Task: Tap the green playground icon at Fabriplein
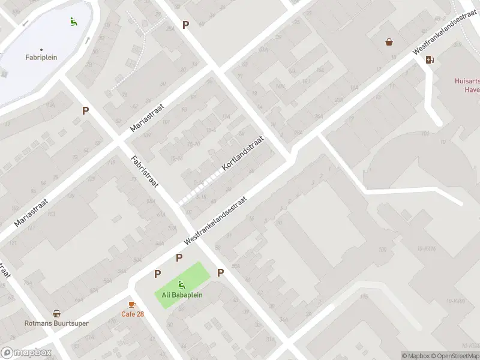point(73,22)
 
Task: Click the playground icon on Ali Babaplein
point(181,284)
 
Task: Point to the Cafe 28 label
point(133,314)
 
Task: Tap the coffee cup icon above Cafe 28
point(132,304)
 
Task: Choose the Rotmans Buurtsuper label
point(56,323)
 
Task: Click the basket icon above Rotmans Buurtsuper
point(56,313)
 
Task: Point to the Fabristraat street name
point(145,171)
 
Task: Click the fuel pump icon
point(429,59)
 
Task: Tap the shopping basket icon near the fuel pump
point(389,41)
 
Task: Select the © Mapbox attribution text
point(416,356)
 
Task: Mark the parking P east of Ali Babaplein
point(221,272)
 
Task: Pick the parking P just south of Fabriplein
point(86,110)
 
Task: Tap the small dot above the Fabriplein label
point(41,49)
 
